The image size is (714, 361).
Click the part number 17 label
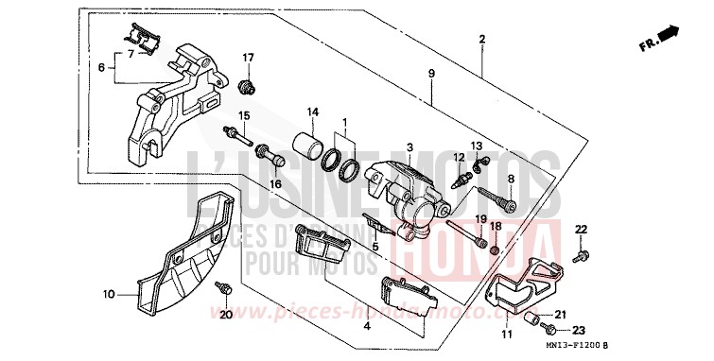[x=249, y=58]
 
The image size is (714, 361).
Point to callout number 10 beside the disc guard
[x=108, y=294]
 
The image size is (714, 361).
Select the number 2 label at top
[x=481, y=39]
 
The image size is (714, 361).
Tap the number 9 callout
[x=430, y=74]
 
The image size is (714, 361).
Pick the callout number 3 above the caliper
[x=409, y=147]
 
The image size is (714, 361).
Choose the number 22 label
[x=582, y=230]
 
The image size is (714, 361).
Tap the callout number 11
[x=506, y=335]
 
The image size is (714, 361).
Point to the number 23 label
[x=578, y=331]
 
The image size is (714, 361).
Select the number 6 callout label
[x=101, y=67]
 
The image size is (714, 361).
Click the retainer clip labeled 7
[x=141, y=41]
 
